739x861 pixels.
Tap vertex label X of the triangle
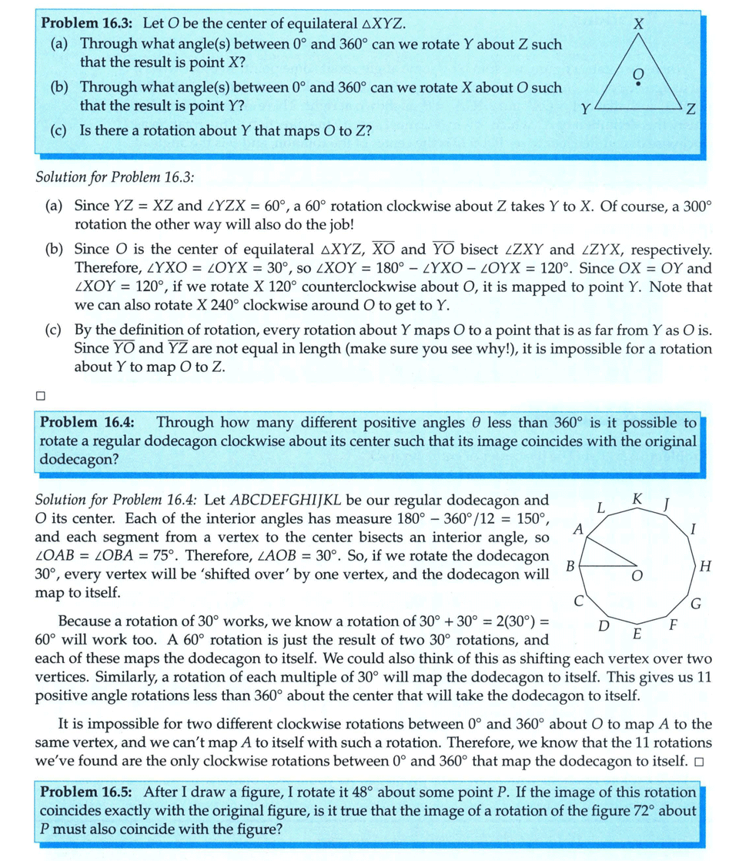[636, 24]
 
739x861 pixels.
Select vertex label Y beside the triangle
[585, 110]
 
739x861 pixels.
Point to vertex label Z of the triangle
[691, 111]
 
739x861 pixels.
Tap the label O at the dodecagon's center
[637, 576]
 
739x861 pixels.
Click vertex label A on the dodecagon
[578, 529]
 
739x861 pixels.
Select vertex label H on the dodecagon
[706, 566]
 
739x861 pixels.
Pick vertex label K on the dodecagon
[637, 498]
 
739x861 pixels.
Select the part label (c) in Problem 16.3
[59, 131]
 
